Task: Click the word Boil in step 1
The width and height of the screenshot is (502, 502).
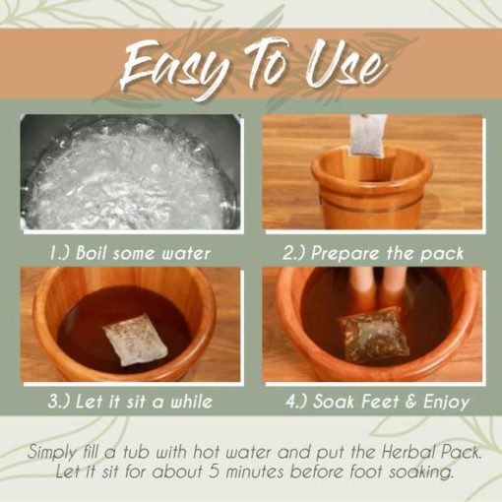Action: tap(91, 253)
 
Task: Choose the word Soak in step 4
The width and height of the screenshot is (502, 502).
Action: tap(333, 401)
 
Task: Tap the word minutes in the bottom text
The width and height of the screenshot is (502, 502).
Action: tap(255, 472)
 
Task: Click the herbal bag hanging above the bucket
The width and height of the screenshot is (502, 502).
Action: tap(367, 136)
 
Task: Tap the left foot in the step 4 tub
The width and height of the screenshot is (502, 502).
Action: tap(362, 287)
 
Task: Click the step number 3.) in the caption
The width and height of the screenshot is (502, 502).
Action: tap(59, 402)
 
